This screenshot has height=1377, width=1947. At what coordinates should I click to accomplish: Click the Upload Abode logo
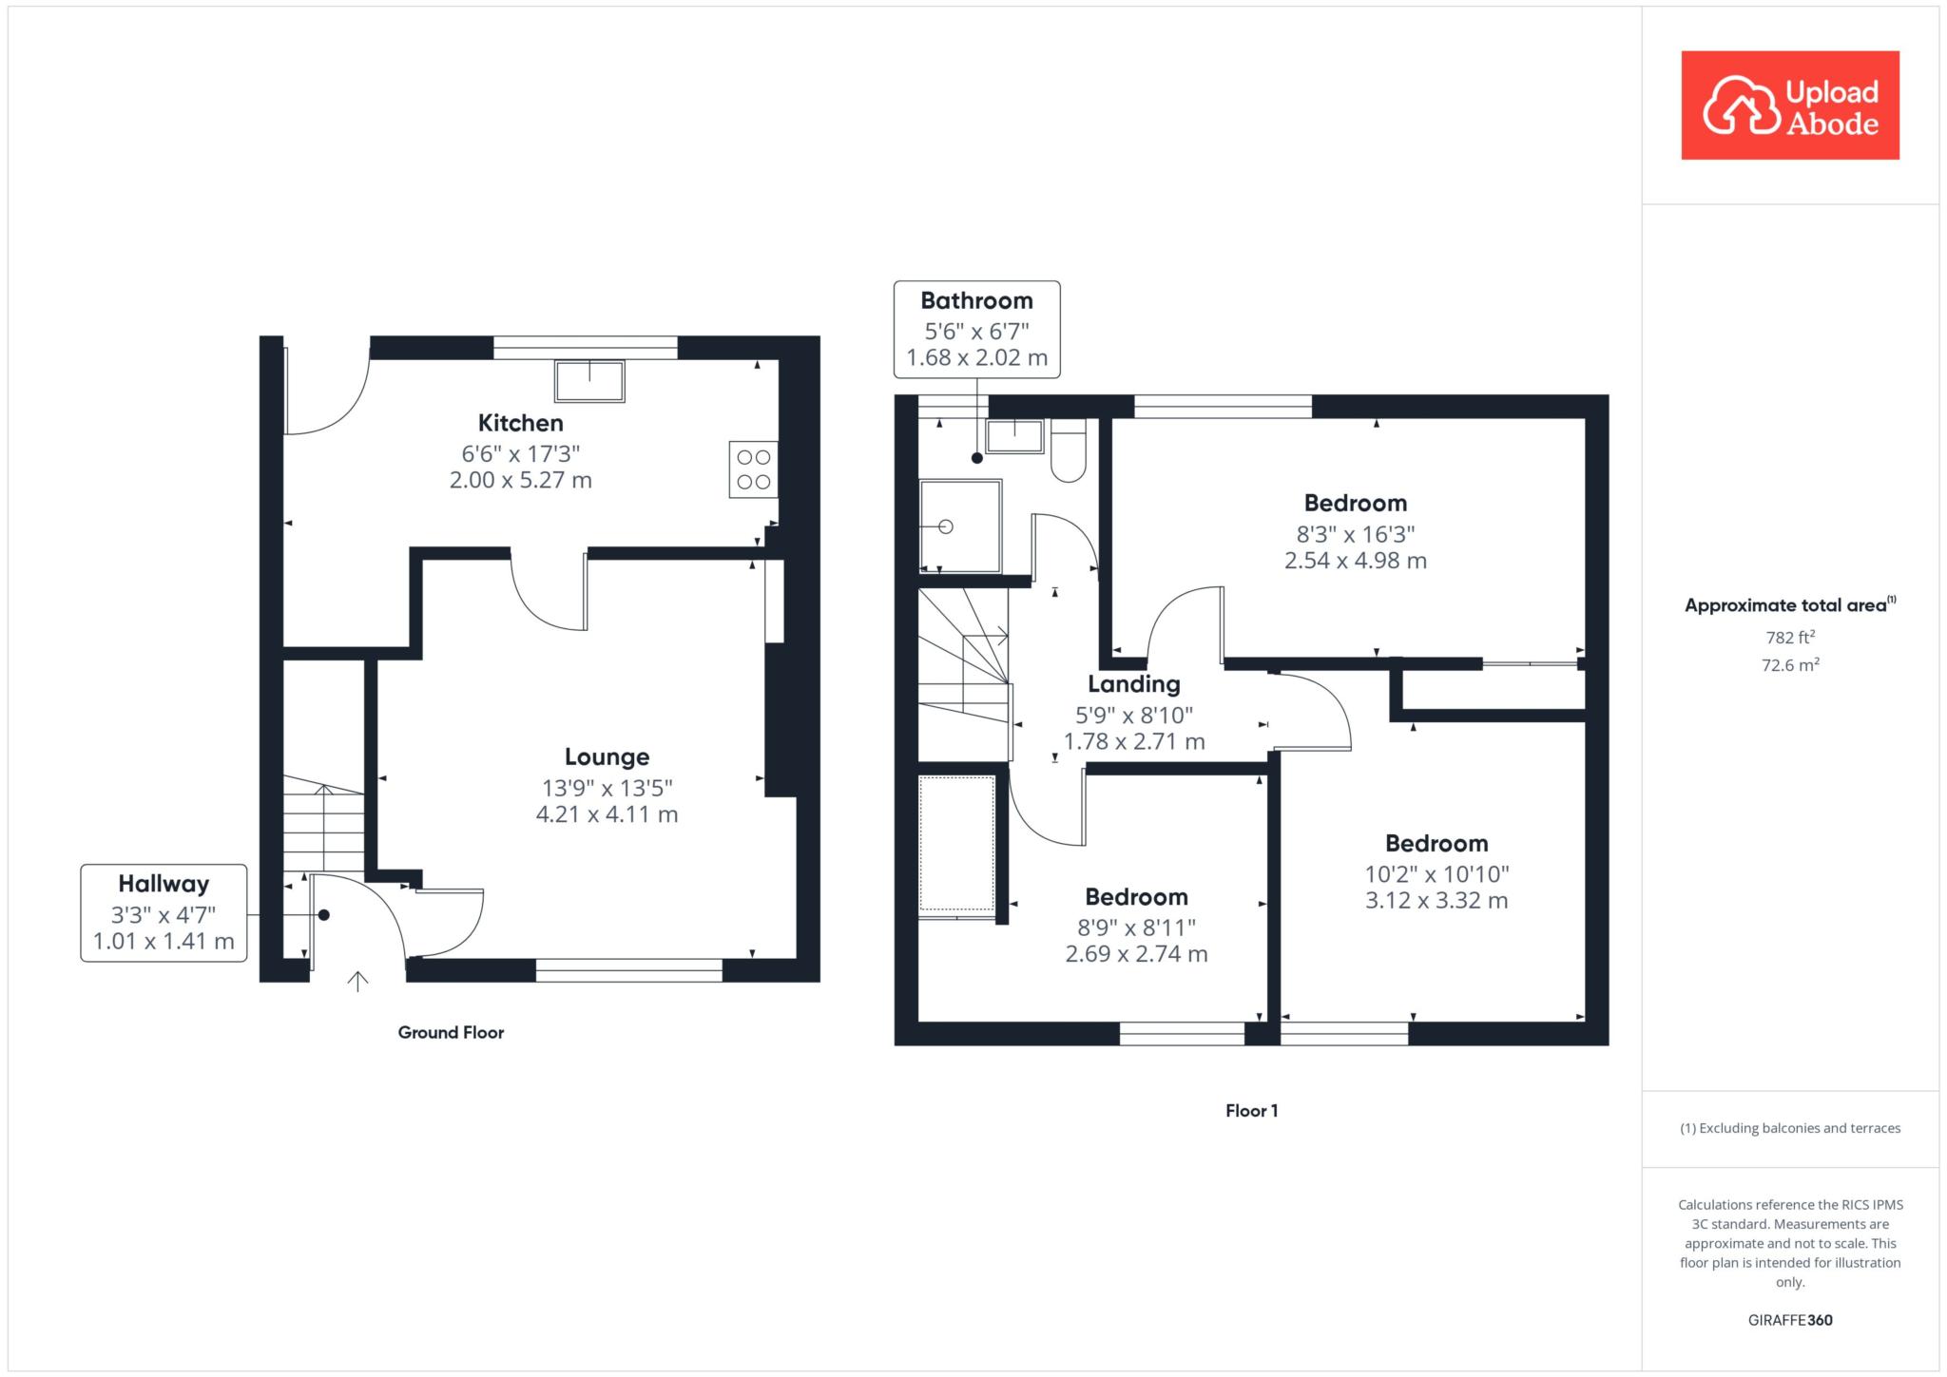[x=1790, y=105]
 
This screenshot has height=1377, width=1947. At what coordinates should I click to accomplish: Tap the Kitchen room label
[x=520, y=423]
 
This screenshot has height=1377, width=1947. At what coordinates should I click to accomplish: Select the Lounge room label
[x=607, y=757]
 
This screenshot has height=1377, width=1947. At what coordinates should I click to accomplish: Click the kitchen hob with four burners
[x=753, y=469]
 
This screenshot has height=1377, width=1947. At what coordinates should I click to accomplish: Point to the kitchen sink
[x=589, y=382]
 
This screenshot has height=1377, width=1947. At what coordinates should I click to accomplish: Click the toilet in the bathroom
[x=1069, y=450]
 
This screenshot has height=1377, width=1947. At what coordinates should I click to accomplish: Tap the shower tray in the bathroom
[x=960, y=526]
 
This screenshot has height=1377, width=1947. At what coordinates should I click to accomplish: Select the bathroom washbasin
[x=1014, y=436]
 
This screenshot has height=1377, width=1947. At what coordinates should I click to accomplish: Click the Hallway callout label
[x=164, y=884]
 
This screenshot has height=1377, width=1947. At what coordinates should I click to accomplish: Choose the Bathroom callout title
[x=976, y=301]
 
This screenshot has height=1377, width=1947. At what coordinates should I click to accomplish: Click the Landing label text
[x=1134, y=684]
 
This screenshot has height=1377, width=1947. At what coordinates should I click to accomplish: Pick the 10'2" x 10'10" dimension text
[x=1436, y=874]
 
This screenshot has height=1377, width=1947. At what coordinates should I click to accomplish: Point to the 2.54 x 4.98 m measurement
[x=1356, y=561]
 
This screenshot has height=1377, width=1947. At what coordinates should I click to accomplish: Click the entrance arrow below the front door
[x=357, y=982]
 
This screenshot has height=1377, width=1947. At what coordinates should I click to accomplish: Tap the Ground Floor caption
[x=451, y=1033]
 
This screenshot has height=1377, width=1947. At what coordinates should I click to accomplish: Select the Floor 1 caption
[x=1251, y=1111]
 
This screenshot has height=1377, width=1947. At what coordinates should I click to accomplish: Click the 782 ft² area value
[x=1790, y=638]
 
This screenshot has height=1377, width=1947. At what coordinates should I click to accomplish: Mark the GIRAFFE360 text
[x=1790, y=1320]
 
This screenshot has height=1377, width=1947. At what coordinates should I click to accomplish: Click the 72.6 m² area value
[x=1790, y=665]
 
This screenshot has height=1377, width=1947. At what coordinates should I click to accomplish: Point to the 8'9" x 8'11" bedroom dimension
[x=1136, y=928]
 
